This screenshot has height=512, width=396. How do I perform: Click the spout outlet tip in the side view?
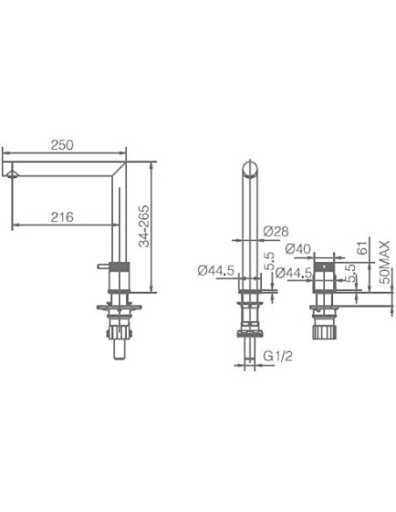11,174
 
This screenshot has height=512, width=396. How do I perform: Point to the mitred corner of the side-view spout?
121,165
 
